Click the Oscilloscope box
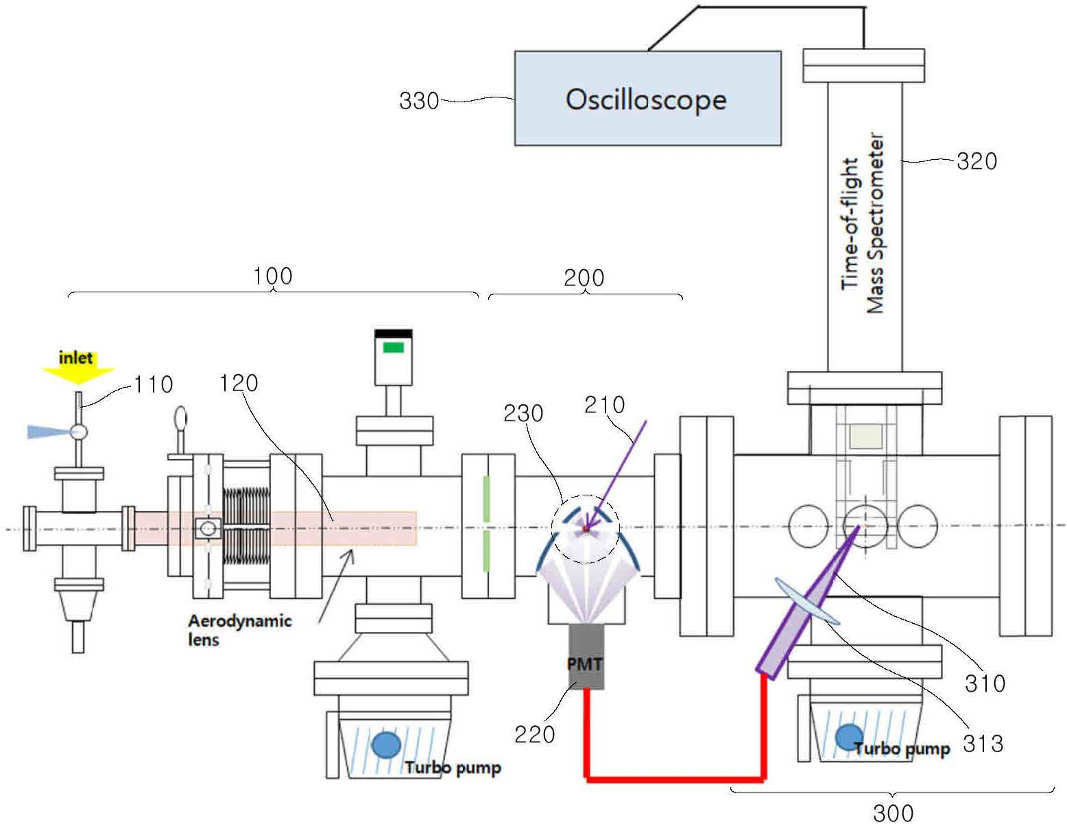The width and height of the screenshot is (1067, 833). pyautogui.click(x=647, y=98)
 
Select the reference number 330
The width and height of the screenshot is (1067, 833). pyautogui.click(x=419, y=101)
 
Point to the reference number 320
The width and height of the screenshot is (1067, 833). pyautogui.click(x=976, y=161)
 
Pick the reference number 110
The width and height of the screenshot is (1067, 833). pyautogui.click(x=153, y=384)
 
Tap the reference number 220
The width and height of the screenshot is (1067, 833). pyautogui.click(x=534, y=734)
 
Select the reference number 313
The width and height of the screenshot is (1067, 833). pyautogui.click(x=983, y=743)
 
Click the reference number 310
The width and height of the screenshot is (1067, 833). pyautogui.click(x=985, y=683)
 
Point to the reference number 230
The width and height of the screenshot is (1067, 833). pyautogui.click(x=523, y=413)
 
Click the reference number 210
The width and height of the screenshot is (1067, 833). pyautogui.click(x=604, y=405)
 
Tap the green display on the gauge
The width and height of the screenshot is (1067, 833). pyautogui.click(x=393, y=347)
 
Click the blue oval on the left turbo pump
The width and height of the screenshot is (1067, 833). pyautogui.click(x=386, y=744)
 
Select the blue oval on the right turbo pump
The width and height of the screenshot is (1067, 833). pyautogui.click(x=850, y=738)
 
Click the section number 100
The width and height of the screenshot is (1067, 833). pyautogui.click(x=272, y=276)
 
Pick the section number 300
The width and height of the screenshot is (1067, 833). pyautogui.click(x=893, y=813)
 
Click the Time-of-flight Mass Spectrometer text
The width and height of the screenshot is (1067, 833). pyautogui.click(x=863, y=224)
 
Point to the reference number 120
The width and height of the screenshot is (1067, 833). pyautogui.click(x=238, y=383)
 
